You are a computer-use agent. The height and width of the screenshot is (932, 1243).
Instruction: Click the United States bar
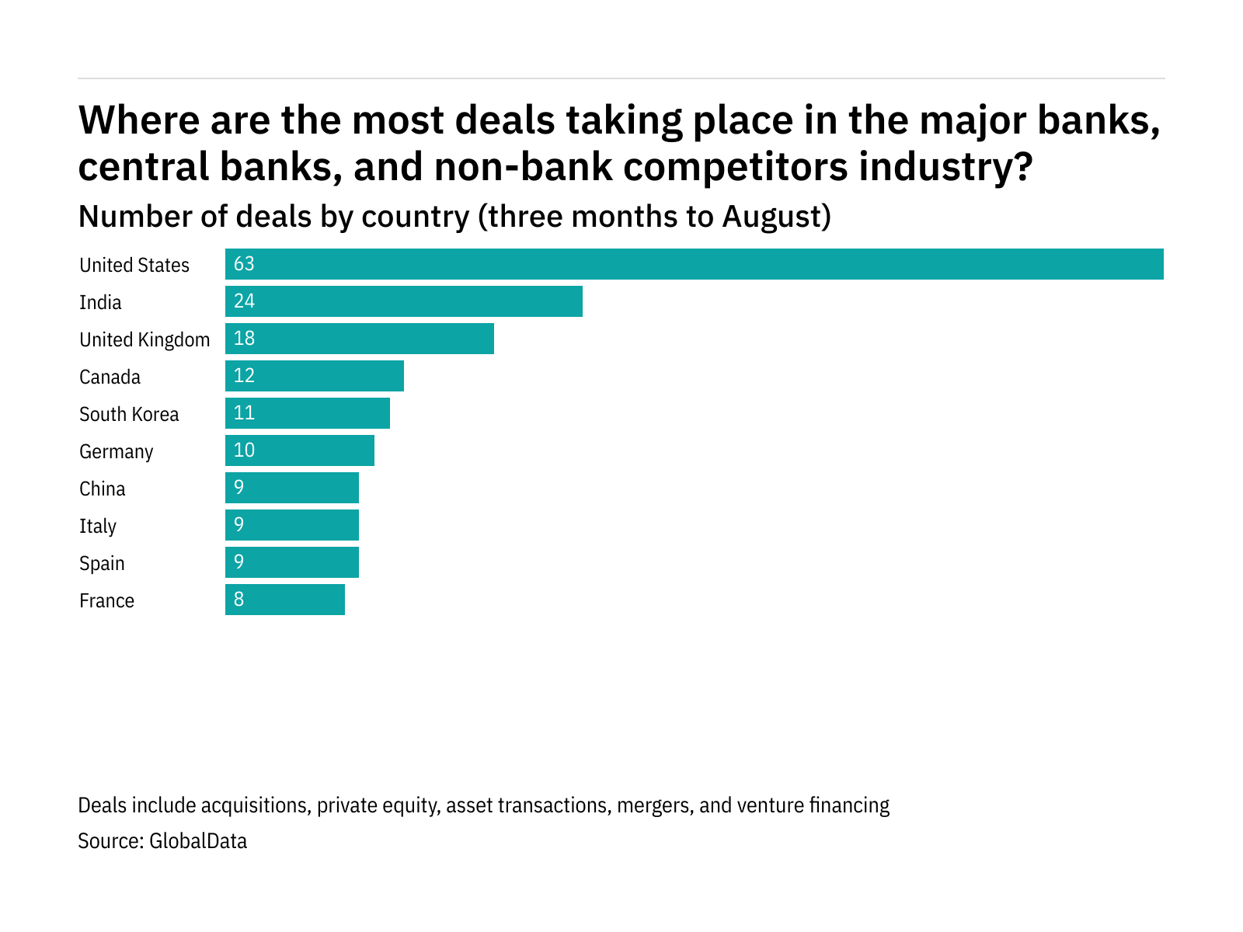tap(694, 264)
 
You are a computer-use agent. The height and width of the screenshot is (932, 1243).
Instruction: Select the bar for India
tap(404, 301)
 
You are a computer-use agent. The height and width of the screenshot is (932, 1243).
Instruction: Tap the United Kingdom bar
tap(360, 339)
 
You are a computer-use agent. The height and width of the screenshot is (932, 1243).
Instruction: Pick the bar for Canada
tap(315, 376)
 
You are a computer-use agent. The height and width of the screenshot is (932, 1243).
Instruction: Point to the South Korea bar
tap(308, 413)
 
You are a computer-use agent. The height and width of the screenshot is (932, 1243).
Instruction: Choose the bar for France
tap(285, 600)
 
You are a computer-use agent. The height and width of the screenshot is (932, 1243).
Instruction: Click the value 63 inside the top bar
tap(244, 264)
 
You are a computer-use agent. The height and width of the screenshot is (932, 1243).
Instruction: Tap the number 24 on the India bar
tap(244, 301)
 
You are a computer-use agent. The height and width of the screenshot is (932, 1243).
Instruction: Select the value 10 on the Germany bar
tap(244, 450)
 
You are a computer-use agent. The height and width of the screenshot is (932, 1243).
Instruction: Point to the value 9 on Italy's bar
tap(239, 525)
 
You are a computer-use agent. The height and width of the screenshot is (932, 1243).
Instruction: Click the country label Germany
tap(117, 452)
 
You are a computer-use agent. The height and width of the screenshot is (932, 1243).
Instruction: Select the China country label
tap(103, 489)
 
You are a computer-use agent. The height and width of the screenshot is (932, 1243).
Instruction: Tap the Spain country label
tap(102, 564)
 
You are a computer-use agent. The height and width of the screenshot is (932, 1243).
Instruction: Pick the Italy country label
tap(98, 527)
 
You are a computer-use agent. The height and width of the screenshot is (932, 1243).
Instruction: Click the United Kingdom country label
tap(144, 340)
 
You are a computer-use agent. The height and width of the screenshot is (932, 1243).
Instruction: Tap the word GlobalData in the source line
tap(198, 841)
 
